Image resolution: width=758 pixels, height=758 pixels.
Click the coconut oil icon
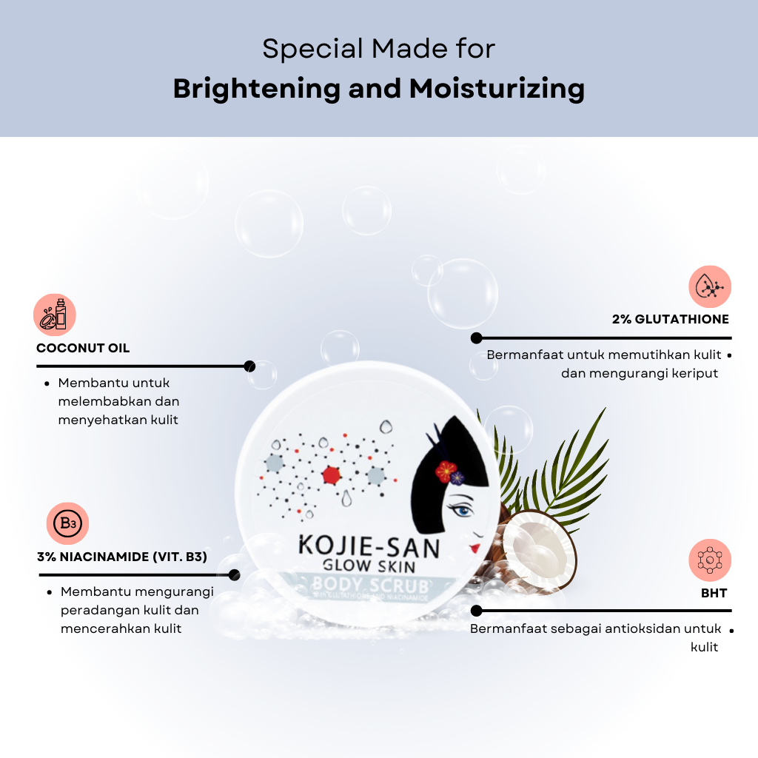55,315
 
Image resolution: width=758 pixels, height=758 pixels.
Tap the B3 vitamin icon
68,524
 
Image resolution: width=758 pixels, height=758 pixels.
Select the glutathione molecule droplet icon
709,286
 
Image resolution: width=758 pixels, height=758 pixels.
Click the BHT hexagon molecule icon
709,560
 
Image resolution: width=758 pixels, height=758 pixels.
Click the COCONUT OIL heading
83,348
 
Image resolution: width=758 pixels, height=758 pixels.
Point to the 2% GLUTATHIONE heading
670,320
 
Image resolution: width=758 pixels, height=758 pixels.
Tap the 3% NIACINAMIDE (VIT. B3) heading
121,557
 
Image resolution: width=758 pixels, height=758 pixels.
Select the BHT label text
714,593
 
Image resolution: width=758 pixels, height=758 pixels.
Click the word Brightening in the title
256,89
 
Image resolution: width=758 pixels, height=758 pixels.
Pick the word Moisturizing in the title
497,89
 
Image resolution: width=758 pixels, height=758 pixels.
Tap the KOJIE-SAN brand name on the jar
368,548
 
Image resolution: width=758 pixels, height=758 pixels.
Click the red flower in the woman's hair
446,471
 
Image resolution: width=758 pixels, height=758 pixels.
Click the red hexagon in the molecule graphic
331,474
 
